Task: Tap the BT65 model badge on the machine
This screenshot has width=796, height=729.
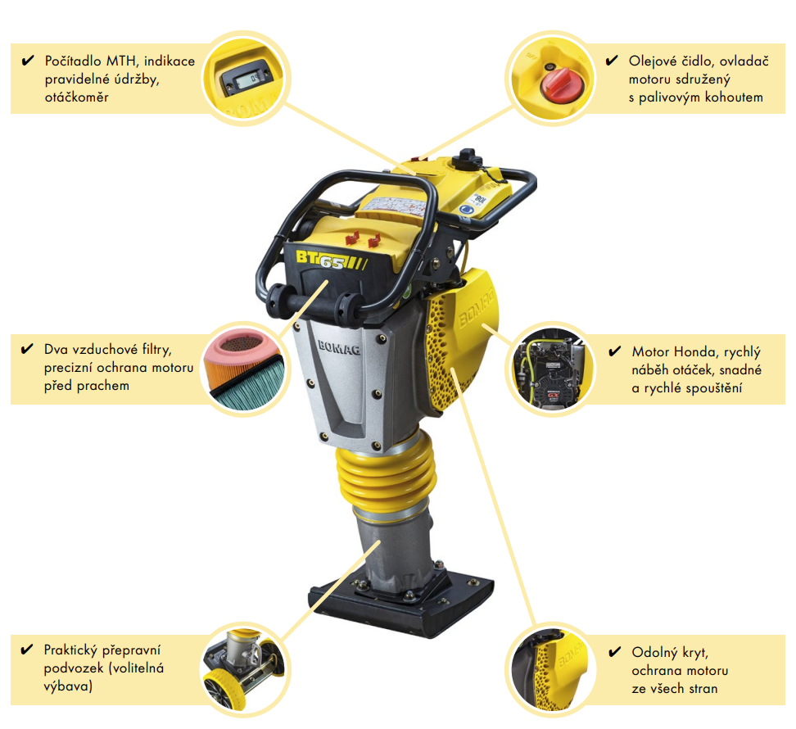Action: pyautogui.click(x=331, y=260)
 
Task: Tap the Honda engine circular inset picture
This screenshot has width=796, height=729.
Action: pyautogui.click(x=552, y=369)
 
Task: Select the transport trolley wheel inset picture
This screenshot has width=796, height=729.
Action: pyautogui.click(x=245, y=667)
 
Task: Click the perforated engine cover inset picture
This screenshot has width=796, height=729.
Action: pyautogui.click(x=552, y=667)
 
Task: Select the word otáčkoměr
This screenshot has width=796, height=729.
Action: pyautogui.click(x=77, y=97)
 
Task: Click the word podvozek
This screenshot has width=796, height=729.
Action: pyautogui.click(x=73, y=668)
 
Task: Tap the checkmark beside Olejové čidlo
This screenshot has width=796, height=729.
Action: pyautogui.click(x=612, y=61)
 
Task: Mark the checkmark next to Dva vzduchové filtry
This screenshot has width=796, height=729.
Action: pyautogui.click(x=27, y=349)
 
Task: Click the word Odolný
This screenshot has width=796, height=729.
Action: pyautogui.click(x=653, y=652)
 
